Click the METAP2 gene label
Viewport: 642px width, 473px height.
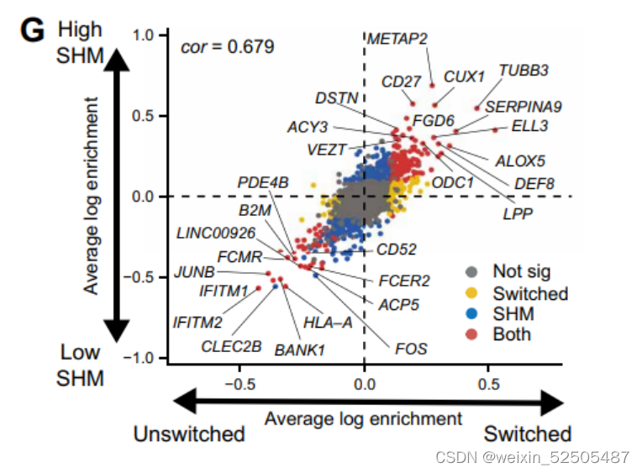398,39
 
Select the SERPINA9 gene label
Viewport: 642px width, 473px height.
524,107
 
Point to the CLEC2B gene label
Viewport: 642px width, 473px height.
231,345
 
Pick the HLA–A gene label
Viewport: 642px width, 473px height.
327,321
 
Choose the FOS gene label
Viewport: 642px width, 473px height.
411,347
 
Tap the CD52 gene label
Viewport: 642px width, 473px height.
397,249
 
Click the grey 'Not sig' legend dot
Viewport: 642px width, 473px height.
472,272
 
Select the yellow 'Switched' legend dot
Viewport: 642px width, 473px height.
472,293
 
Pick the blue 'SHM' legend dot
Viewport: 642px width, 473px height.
472,314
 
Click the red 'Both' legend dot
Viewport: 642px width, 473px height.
472,334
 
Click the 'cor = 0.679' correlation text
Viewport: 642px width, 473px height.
227,46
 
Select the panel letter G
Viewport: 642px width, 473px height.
32,31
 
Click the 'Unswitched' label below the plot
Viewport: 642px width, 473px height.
189,434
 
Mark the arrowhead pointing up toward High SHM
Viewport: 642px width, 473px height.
120,59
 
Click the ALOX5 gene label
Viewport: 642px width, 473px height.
519,160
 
